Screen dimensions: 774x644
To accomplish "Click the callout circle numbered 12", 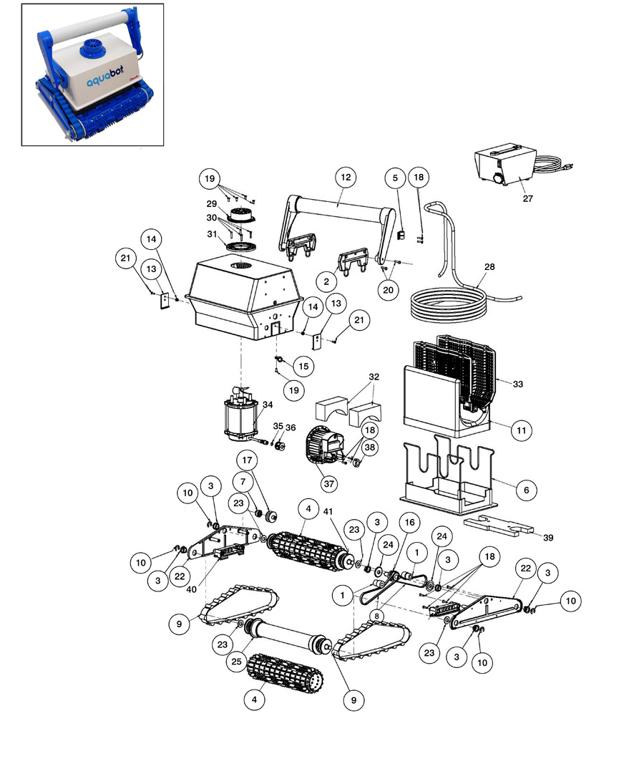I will (346, 177).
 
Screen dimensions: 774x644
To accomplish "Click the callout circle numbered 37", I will (328, 484).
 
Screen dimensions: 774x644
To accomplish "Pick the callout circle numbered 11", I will (522, 430).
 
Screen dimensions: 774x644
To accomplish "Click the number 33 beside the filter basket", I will (517, 384).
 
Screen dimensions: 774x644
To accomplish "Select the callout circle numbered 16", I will (409, 523).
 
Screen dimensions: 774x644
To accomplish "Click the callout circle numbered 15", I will (303, 366).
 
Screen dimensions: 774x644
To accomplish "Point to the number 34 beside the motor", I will (268, 405).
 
